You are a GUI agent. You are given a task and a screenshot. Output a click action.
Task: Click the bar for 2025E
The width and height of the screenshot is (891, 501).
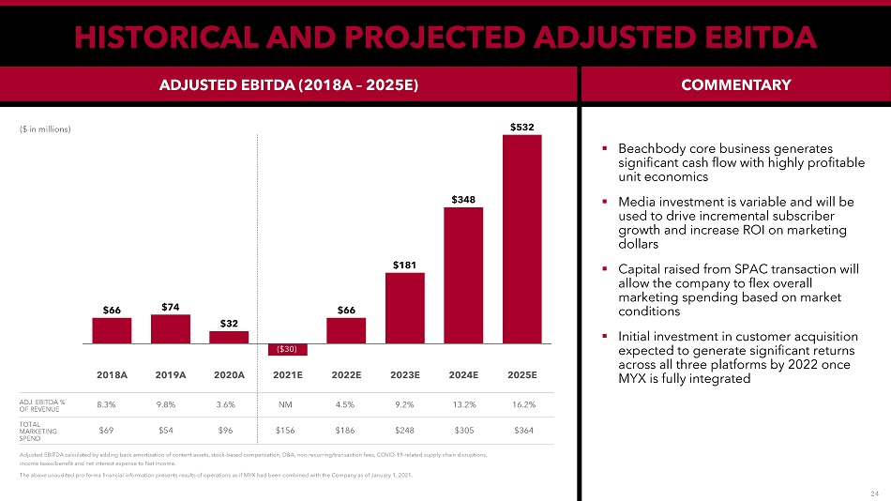pyautogui.click(x=521, y=239)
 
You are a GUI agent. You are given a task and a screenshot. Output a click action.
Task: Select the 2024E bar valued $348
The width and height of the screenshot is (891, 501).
pyautogui.click(x=463, y=275)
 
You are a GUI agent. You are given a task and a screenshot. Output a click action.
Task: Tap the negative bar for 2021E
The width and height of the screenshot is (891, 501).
pyautogui.click(x=288, y=350)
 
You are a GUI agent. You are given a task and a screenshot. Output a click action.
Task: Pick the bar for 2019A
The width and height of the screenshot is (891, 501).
pyautogui.click(x=171, y=328)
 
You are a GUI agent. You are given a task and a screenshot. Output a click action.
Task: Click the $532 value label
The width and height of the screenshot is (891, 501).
pyautogui.click(x=522, y=126)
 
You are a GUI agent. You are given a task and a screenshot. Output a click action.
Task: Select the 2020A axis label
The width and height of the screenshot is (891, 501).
pyautogui.click(x=229, y=374)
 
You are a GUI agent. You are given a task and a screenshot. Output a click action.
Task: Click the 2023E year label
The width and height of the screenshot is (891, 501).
pyautogui.click(x=405, y=374)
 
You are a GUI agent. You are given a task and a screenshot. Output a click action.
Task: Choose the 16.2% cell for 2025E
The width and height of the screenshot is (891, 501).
pyautogui.click(x=522, y=405)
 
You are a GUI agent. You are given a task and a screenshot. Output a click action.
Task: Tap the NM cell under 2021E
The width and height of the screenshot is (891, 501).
pyautogui.click(x=288, y=405)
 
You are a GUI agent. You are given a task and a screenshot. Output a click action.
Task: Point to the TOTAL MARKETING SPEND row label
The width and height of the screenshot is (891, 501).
pyautogui.click(x=38, y=431)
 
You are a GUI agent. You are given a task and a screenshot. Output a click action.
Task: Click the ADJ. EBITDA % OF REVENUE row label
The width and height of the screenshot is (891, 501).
pyautogui.click(x=42, y=405)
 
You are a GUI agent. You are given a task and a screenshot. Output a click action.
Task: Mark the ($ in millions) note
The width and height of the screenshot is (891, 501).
pyautogui.click(x=45, y=129)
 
